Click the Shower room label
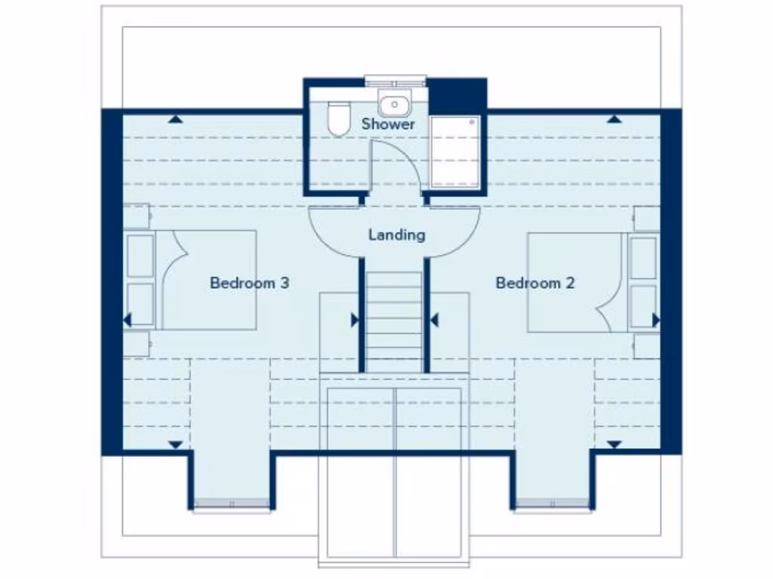388,124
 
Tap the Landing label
396,235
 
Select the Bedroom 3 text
249,283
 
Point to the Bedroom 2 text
534,283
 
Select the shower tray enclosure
455,152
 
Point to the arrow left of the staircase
355,320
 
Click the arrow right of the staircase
434,320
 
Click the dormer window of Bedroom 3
232,504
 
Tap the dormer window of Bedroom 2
553,504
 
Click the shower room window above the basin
396,78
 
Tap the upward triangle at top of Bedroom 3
175,119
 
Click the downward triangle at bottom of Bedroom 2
614,445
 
